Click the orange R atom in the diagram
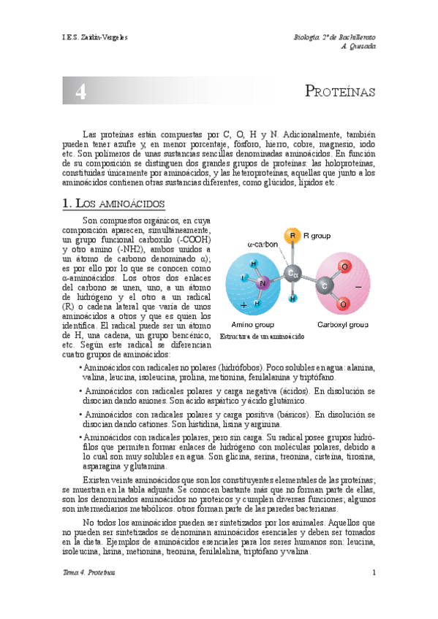click(x=292, y=236)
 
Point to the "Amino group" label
click(x=252, y=324)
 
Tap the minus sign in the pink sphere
click(x=358, y=288)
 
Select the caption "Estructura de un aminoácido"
click(x=260, y=336)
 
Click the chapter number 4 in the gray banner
click(x=81, y=92)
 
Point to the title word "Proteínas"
click(x=339, y=92)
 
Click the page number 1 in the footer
click(x=374, y=572)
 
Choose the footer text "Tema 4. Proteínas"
click(x=89, y=572)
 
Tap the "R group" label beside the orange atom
click(x=317, y=236)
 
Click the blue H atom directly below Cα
click(x=292, y=299)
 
